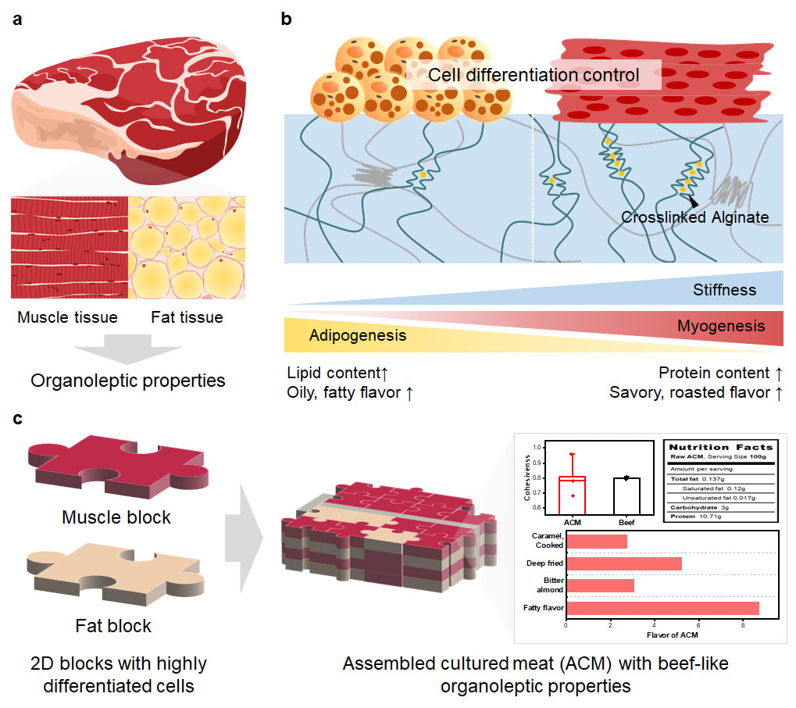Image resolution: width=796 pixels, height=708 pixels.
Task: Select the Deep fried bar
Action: click(623, 563)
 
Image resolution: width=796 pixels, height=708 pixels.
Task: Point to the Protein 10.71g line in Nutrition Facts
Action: click(695, 516)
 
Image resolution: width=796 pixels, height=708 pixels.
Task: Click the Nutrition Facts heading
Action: click(719, 447)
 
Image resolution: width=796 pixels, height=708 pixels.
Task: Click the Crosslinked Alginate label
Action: click(695, 218)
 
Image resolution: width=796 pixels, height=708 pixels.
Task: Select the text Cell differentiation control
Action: click(534, 76)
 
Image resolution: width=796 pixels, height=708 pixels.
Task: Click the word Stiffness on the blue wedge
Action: click(724, 290)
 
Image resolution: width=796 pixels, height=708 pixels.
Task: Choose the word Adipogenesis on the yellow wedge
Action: click(358, 335)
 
